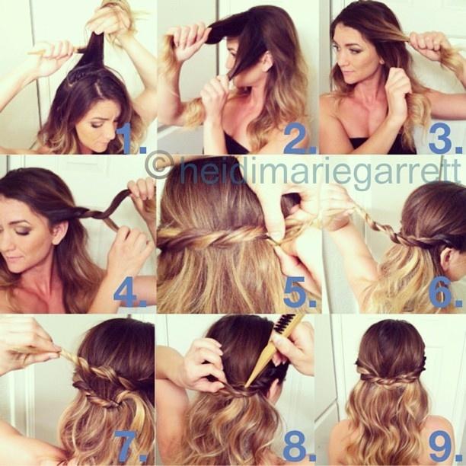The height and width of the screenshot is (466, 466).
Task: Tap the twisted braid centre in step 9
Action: point(389,379)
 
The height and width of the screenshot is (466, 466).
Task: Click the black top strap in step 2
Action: point(235,142)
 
